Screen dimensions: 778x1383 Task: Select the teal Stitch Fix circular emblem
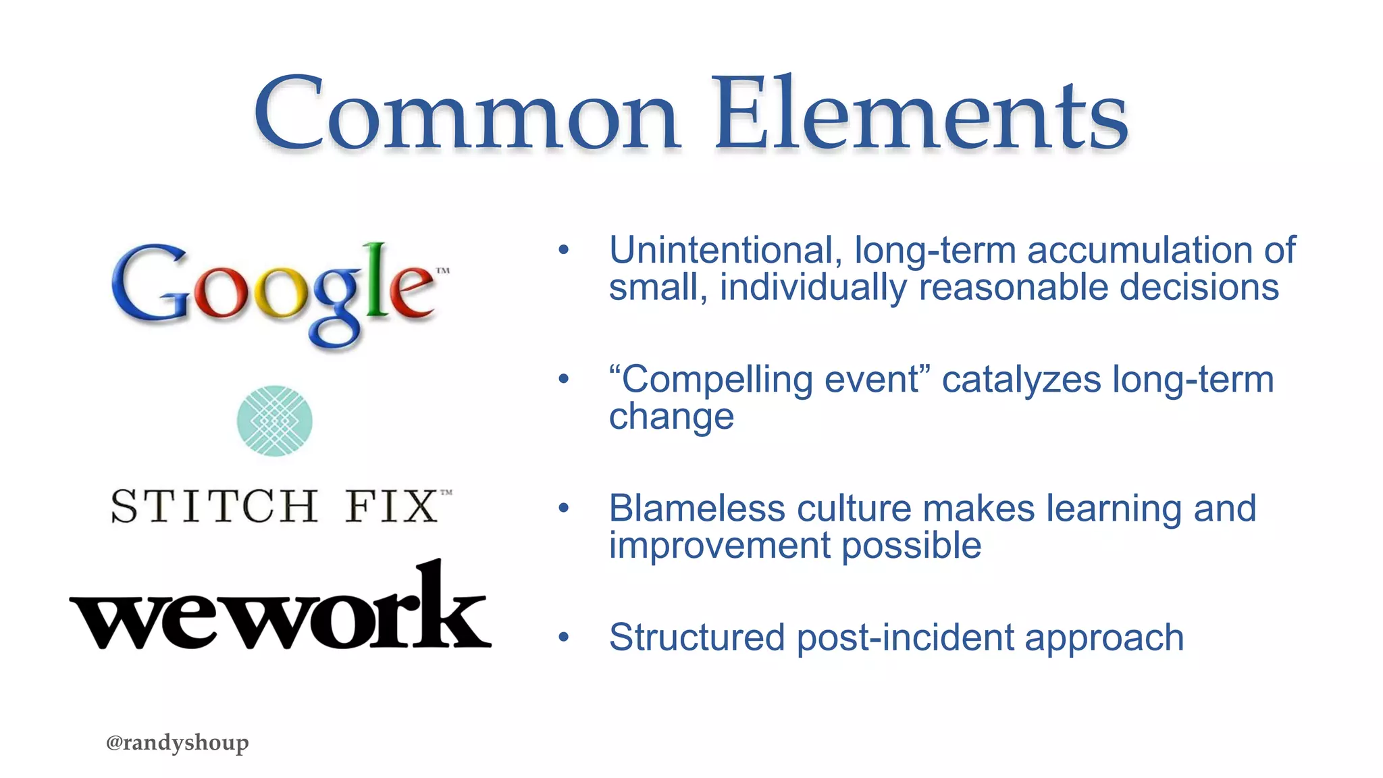(275, 421)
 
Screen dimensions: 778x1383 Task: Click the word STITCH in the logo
(214, 507)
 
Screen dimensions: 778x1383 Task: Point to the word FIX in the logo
(392, 507)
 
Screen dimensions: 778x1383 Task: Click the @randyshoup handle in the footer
(178, 742)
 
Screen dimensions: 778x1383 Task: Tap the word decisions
(1199, 288)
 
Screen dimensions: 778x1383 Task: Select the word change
(671, 417)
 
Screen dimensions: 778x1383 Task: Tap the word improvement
(720, 546)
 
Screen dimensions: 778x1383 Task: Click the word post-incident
(906, 638)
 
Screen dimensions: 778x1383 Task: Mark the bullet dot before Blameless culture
(564, 508)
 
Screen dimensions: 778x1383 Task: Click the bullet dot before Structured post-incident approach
(564, 637)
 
